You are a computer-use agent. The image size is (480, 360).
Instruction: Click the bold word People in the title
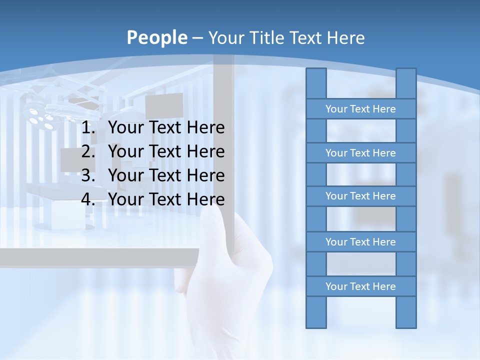click(x=156, y=37)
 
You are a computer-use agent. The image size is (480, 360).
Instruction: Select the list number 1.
click(x=88, y=128)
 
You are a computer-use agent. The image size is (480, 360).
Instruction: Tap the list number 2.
click(x=88, y=151)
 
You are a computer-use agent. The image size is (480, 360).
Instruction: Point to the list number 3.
click(x=88, y=175)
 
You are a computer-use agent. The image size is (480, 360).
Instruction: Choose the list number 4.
click(x=88, y=199)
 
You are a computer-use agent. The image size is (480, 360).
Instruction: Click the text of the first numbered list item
click(x=166, y=128)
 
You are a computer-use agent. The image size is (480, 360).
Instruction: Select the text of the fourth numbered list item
click(x=166, y=199)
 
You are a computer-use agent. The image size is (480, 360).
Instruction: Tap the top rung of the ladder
click(x=360, y=109)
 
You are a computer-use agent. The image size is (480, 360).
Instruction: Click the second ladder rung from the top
click(x=360, y=153)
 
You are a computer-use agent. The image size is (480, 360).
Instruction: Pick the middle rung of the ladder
click(x=360, y=196)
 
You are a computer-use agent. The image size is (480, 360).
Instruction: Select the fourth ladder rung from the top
click(x=360, y=242)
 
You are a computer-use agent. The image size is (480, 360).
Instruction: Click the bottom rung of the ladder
click(x=360, y=286)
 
